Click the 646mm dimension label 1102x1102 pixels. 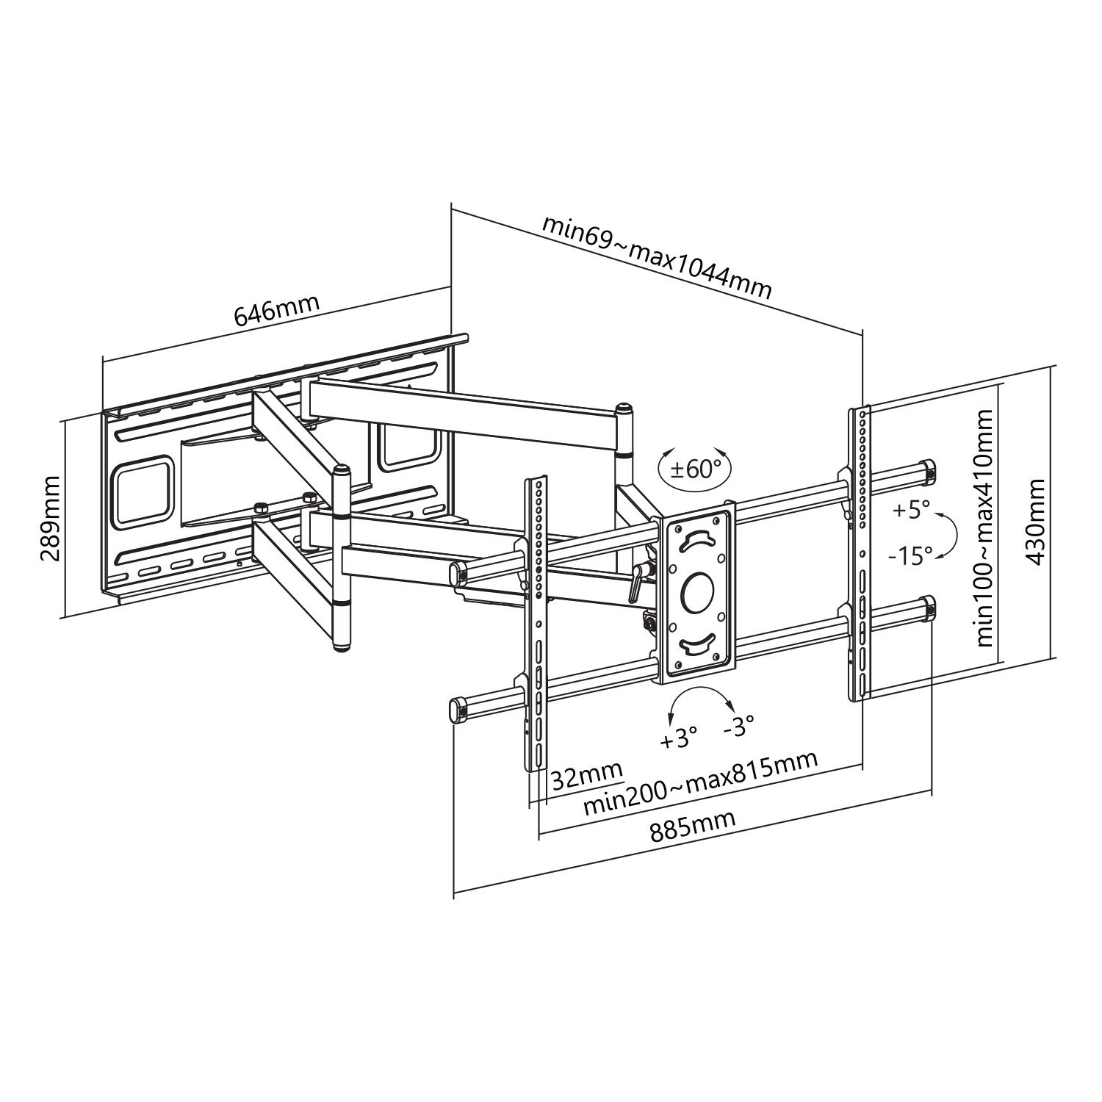[x=276, y=310]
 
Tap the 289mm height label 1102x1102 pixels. [x=50, y=517]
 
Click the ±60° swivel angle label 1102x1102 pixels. [x=695, y=468]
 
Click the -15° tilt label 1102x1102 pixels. [x=910, y=555]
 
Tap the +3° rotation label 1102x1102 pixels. [x=677, y=738]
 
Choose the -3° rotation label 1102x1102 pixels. [x=738, y=728]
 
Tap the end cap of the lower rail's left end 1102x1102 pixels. [x=458, y=710]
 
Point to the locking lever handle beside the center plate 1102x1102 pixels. [x=636, y=583]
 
